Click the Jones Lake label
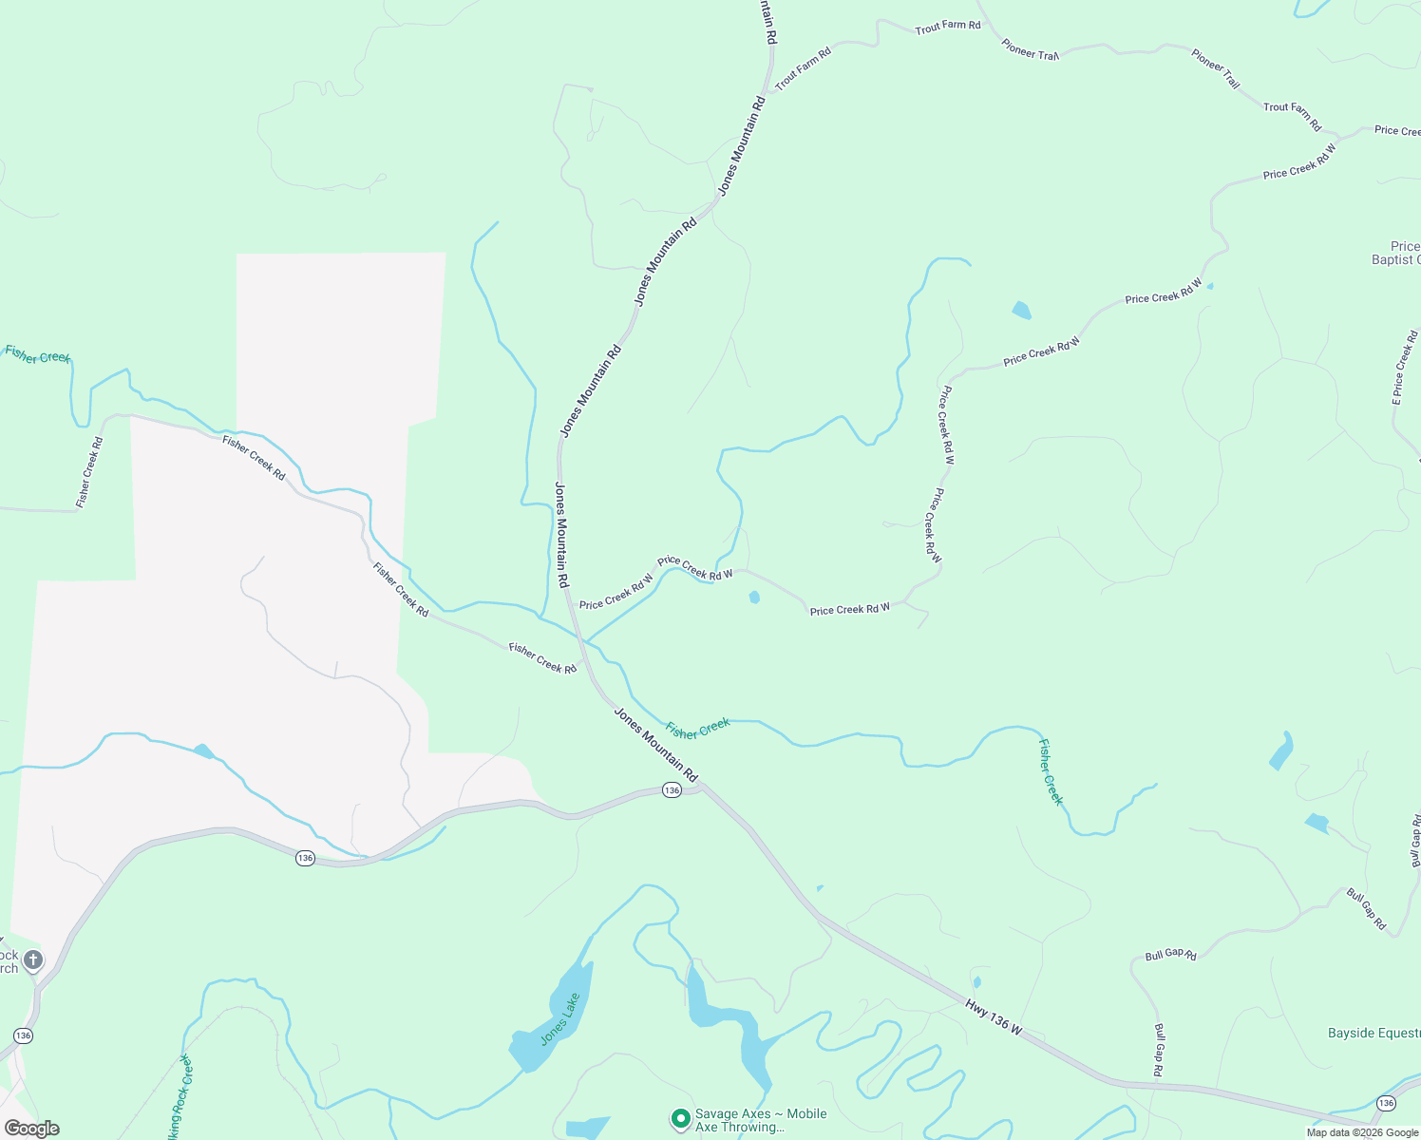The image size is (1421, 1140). point(560,1018)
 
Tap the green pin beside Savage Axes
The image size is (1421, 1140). point(680,1119)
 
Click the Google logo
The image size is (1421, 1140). point(31,1129)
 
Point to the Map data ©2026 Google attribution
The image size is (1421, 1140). point(1362,1132)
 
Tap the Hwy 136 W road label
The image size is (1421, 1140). point(994,1017)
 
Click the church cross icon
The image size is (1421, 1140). point(33,959)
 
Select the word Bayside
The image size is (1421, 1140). point(1351,1033)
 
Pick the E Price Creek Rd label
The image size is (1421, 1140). point(1405,368)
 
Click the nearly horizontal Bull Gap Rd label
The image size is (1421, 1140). point(1170,955)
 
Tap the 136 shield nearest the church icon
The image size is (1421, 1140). point(23,1035)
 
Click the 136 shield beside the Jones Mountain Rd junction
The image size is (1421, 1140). point(672,790)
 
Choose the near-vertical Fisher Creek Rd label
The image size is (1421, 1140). point(89,472)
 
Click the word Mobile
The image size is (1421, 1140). point(801,1113)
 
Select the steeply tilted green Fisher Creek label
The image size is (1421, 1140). point(1051,771)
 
